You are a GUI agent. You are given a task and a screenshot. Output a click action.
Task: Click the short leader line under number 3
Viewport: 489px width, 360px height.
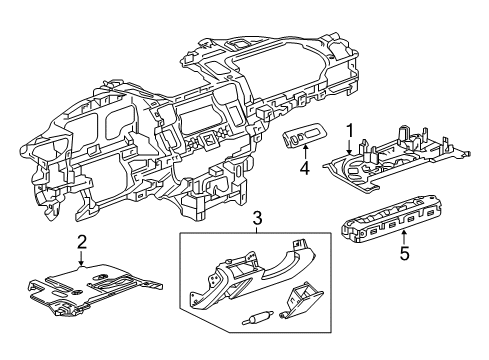click(x=256, y=229)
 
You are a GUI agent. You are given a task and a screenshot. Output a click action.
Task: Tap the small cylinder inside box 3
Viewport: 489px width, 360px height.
click(x=258, y=319)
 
